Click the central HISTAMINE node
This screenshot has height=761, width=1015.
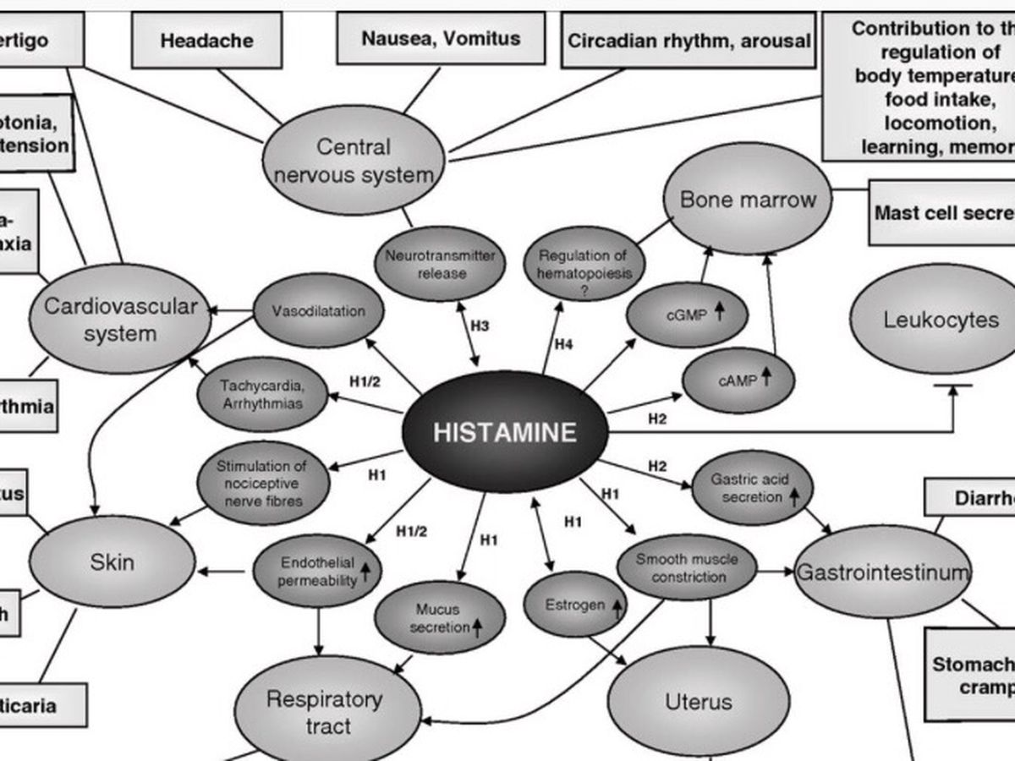point(505,432)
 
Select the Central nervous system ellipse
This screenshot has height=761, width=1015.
point(354,161)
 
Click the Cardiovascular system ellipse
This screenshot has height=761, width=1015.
point(120,320)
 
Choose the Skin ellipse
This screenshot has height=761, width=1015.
point(112,561)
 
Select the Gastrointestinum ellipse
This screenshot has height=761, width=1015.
point(883,572)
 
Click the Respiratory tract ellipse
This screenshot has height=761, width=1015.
point(326,711)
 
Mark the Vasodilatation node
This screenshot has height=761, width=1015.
point(319,310)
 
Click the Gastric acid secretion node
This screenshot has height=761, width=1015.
point(751,488)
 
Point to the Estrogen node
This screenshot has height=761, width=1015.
point(575,605)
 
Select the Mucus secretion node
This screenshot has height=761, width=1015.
point(439,618)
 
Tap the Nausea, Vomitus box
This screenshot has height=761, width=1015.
point(440,38)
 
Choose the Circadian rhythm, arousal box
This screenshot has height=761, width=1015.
point(688,40)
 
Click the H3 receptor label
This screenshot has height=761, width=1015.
point(480,326)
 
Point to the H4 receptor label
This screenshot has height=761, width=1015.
point(563,344)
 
